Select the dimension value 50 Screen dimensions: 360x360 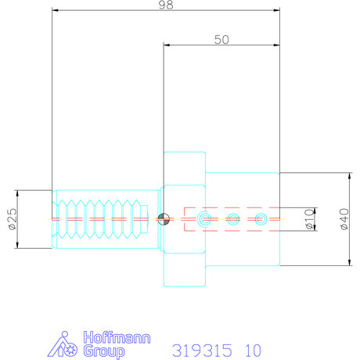click(x=221, y=39)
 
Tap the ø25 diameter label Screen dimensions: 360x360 click(x=12, y=220)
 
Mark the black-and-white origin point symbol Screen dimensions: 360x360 click(x=163, y=218)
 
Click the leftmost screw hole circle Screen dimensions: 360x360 click(x=205, y=218)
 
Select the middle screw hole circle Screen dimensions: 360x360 click(x=232, y=218)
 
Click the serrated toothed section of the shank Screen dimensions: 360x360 click(x=102, y=219)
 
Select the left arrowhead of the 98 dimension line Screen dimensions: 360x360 click(x=55, y=10)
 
